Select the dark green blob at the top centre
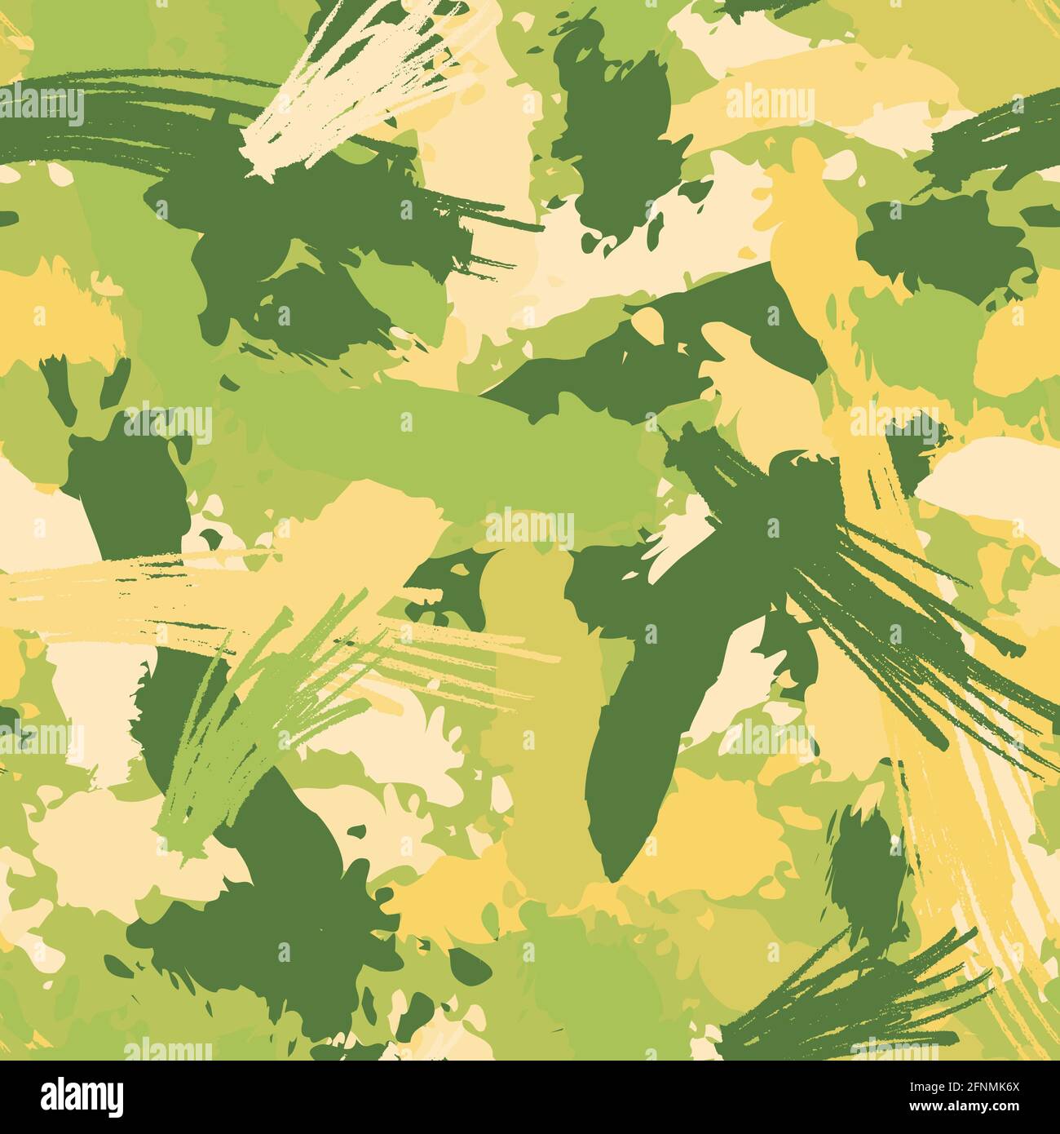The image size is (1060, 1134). (612, 122)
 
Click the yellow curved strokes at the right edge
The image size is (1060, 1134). (987, 857)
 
